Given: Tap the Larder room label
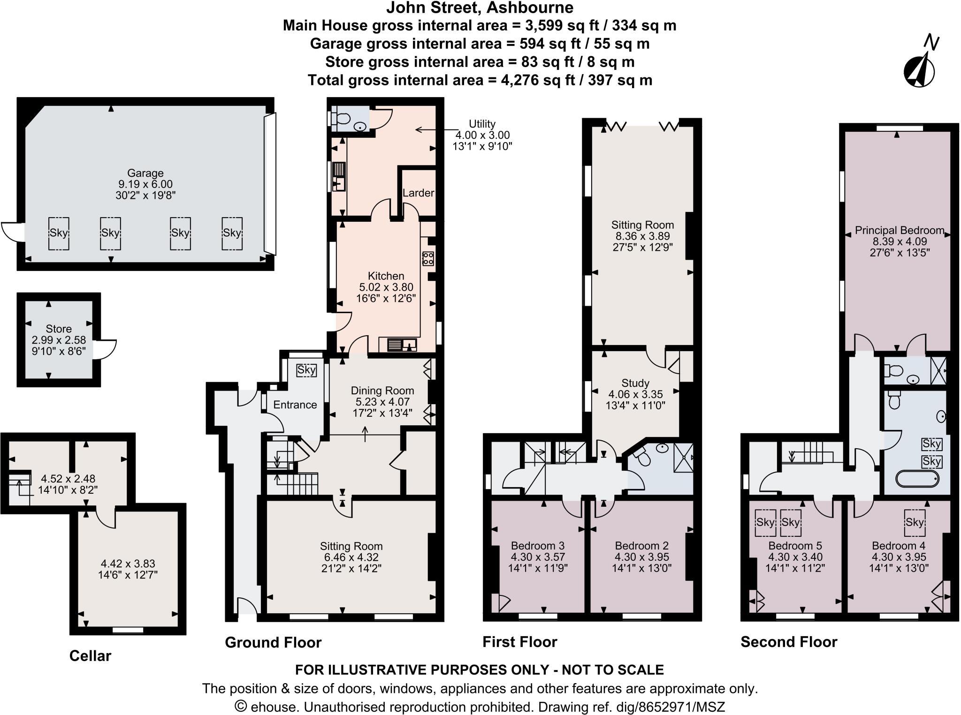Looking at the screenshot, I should tap(418, 193).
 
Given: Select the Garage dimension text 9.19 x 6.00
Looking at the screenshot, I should tap(145, 184).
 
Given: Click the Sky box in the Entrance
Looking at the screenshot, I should tap(306, 370).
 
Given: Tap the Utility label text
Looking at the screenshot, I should tap(482, 124).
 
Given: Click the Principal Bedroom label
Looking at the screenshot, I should tap(899, 230).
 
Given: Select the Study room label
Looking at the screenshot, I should tap(635, 383).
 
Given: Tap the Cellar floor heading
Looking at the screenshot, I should tap(90, 655).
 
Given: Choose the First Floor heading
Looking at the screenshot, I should tap(519, 641).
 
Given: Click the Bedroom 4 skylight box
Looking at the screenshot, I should tap(915, 522).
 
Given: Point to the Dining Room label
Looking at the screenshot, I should tap(382, 391).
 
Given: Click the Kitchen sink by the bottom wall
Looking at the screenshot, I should tap(402, 345).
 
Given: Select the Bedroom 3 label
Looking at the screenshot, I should tap(537, 546).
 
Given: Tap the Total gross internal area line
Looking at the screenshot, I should tap(480, 80).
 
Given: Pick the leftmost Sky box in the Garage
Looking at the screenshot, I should tap(59, 233).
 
